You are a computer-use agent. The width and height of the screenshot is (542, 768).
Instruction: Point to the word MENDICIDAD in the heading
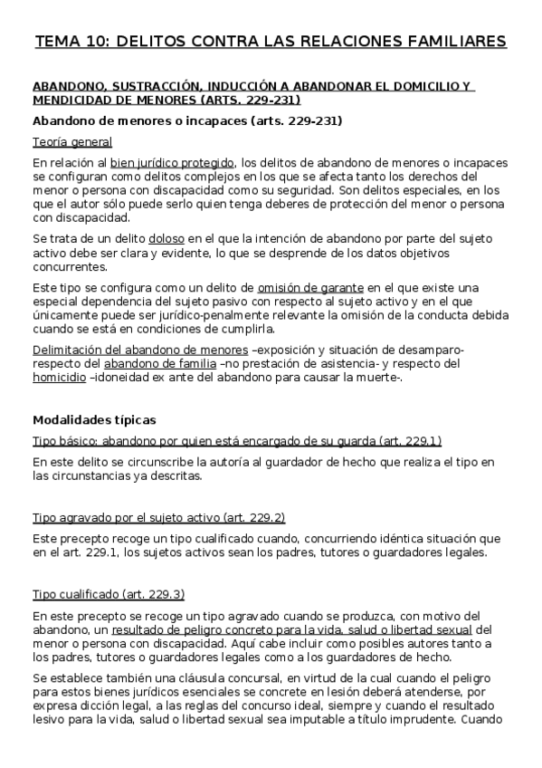(x=72, y=100)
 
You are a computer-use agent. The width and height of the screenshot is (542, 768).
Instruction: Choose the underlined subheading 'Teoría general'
(x=72, y=142)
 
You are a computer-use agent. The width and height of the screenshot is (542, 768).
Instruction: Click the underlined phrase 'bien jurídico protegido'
(x=173, y=163)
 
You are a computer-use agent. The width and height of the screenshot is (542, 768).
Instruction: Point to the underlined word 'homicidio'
(x=59, y=378)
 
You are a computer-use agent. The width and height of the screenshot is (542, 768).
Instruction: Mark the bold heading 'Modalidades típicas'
(x=94, y=420)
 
